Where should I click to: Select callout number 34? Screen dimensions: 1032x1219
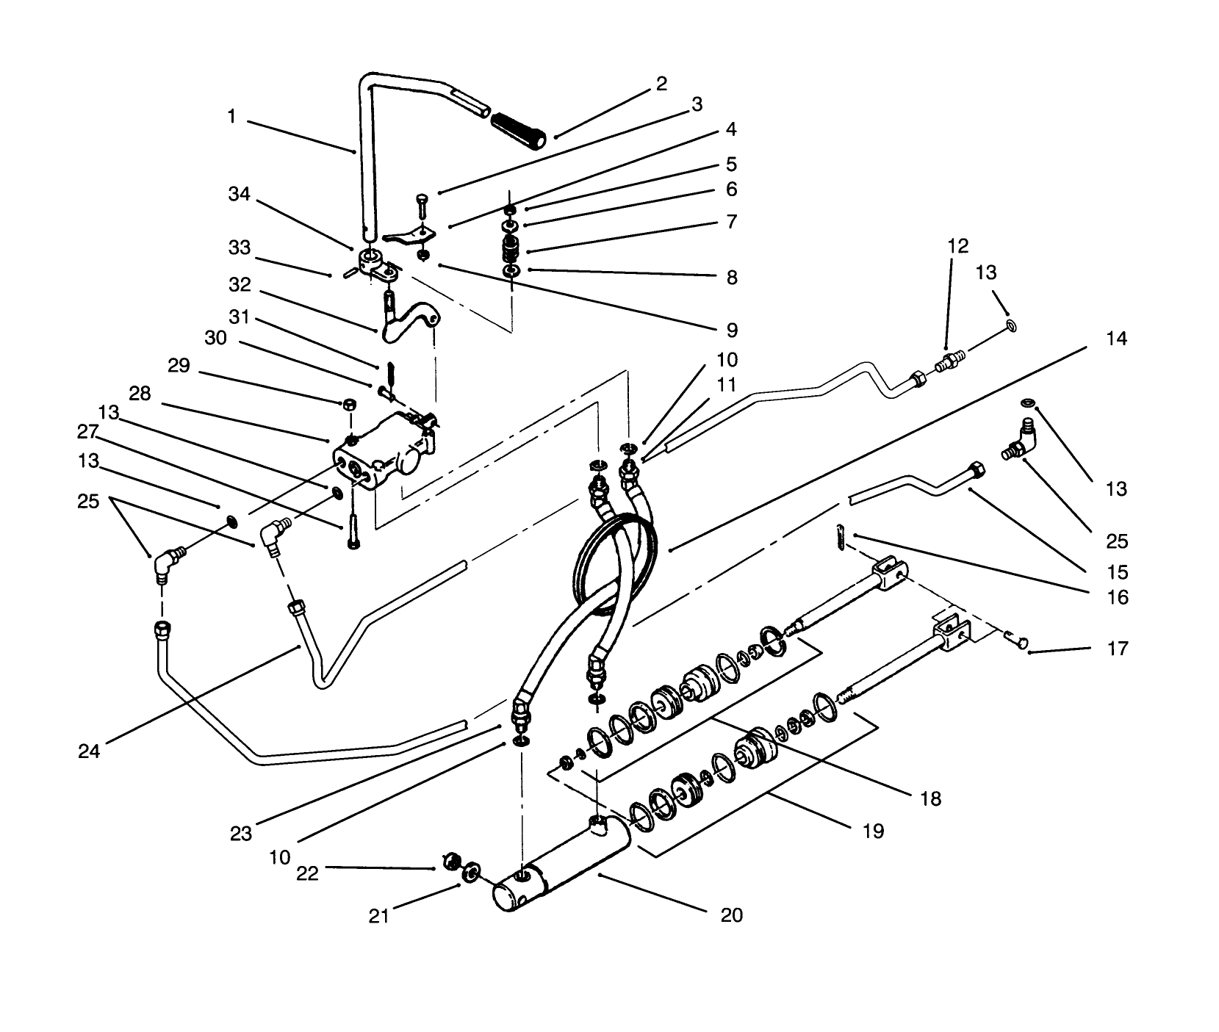tap(239, 195)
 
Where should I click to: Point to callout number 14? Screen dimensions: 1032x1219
tap(1116, 339)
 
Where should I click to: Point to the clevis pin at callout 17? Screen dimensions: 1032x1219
tap(1018, 643)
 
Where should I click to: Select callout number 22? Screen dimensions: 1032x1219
tap(307, 874)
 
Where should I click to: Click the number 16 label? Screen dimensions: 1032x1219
tap(1117, 598)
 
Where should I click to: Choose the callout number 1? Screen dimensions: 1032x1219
tap(231, 116)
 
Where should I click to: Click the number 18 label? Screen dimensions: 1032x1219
tap(930, 798)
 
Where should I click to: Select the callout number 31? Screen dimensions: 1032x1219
tap(239, 318)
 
